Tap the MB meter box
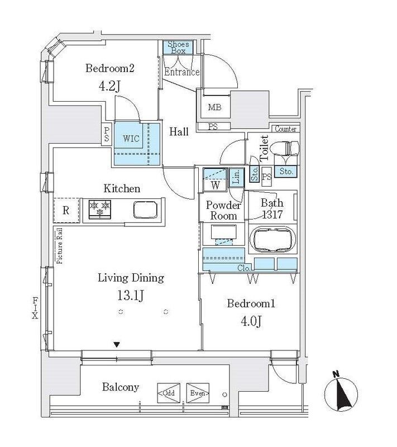(212, 107)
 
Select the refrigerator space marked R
(66, 210)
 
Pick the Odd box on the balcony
(169, 393)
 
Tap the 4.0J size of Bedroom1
(250, 322)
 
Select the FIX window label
(35, 307)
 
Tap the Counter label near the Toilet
(285, 129)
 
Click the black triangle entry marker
(116, 344)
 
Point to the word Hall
(179, 132)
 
